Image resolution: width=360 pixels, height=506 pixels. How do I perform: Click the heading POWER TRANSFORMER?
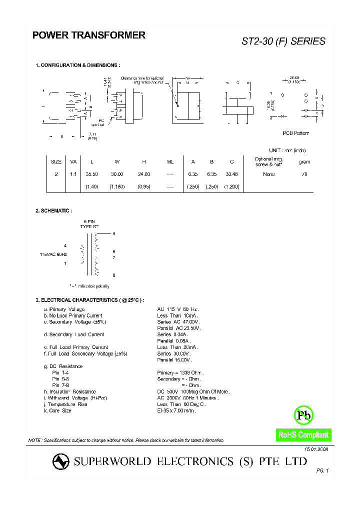pos(89,35)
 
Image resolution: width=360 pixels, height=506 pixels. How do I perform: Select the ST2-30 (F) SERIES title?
pos(283,41)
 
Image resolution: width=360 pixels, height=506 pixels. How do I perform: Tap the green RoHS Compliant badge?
pos(303,435)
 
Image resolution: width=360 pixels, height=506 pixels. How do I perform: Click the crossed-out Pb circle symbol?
pos(303,414)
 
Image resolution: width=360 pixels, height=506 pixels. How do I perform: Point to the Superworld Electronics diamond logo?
pos(62,462)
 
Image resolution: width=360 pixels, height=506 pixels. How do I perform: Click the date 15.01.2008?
pos(316,450)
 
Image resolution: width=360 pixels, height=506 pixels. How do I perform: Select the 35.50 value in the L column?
pos(91,174)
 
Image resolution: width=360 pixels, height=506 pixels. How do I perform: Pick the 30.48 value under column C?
pos(231,174)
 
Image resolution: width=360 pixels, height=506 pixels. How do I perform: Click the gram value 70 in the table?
pos(304,174)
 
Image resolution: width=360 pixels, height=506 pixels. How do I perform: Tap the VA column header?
pos(73,161)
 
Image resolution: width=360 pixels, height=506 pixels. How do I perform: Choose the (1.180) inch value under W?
pos(117,186)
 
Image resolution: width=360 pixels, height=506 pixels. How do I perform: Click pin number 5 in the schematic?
pos(114,234)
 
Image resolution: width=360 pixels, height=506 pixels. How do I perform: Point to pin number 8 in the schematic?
pos(114,275)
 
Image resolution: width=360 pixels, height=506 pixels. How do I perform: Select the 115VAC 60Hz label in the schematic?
pos(53,254)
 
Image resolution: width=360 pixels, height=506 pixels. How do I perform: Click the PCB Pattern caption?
pos(295,133)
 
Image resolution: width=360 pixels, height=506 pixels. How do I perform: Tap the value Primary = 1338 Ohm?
pos(180,373)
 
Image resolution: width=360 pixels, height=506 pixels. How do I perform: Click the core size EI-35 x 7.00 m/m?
pos(176,410)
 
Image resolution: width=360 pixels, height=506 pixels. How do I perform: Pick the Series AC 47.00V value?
pos(178,322)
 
